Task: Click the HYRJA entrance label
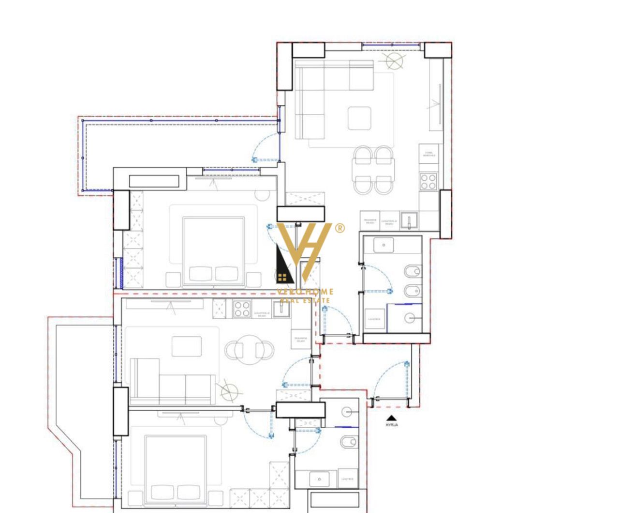(391, 425)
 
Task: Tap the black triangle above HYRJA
(391, 418)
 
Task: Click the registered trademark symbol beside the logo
(340, 228)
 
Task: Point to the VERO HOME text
(305, 292)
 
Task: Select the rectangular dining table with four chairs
(374, 170)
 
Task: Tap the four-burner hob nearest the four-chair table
(428, 182)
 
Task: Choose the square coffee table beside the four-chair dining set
(359, 118)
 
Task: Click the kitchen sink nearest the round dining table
(281, 309)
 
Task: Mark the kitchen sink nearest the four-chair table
(409, 220)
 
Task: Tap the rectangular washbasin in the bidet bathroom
(384, 245)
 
